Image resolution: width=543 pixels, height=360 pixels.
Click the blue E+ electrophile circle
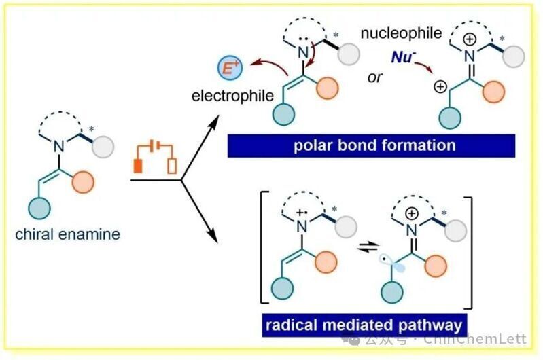[x=230, y=67]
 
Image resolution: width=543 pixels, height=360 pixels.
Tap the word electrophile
[x=232, y=96]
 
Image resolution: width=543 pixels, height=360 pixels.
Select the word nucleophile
[x=401, y=33]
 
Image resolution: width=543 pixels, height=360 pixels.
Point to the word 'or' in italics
[x=374, y=78]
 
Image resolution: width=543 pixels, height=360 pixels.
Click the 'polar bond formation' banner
[x=371, y=146]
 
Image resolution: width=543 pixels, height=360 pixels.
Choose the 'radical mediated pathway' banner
[x=364, y=325]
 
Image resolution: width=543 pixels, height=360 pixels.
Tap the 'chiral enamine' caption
[x=67, y=234]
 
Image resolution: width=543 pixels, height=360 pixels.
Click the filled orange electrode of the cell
[x=138, y=166]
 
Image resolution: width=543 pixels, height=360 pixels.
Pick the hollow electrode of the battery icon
[x=172, y=166]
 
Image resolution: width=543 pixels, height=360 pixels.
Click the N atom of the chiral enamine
[x=59, y=147]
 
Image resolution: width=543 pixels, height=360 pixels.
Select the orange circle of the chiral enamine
[x=83, y=181]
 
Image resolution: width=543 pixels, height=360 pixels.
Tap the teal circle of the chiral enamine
[x=39, y=208]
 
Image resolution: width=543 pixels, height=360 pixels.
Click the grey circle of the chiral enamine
[x=103, y=147]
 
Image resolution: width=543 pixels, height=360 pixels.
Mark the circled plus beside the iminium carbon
[x=440, y=86]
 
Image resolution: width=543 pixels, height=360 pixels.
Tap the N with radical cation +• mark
[x=302, y=227]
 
